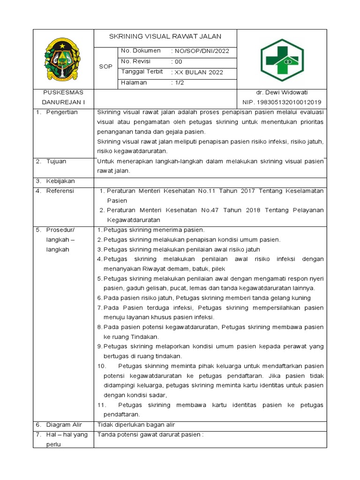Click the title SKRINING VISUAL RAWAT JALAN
165,37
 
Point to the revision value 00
176,61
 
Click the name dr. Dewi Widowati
281,92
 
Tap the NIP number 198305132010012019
281,102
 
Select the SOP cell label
105,67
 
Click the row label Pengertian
62,112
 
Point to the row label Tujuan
56,161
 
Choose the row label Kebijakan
60,181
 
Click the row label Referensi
60,191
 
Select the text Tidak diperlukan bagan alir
135,425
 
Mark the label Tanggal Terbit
142,72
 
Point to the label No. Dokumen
141,51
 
